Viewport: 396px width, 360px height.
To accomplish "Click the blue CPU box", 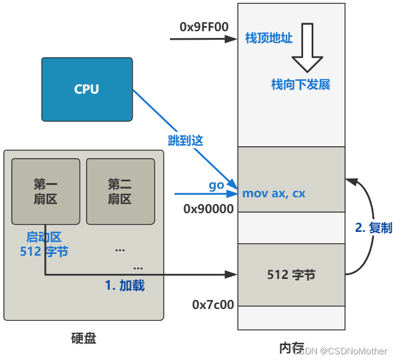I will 87,89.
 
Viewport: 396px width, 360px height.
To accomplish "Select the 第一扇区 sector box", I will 45,191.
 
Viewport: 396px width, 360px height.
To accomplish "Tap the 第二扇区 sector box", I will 120,191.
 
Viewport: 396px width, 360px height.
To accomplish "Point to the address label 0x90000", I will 208,209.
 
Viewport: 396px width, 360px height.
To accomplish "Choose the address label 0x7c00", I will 213,304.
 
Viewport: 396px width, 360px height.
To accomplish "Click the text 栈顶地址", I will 269,39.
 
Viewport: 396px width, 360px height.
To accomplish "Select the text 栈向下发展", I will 300,85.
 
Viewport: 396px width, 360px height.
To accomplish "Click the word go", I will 216,185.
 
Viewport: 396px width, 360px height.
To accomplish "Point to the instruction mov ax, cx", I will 274,193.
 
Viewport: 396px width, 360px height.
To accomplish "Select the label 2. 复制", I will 373,227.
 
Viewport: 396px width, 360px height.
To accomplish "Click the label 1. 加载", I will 125,285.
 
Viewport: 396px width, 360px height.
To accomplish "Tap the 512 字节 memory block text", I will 291,275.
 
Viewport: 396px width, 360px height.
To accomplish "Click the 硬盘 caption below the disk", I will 83,338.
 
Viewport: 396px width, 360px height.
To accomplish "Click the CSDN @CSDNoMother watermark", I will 346,351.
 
